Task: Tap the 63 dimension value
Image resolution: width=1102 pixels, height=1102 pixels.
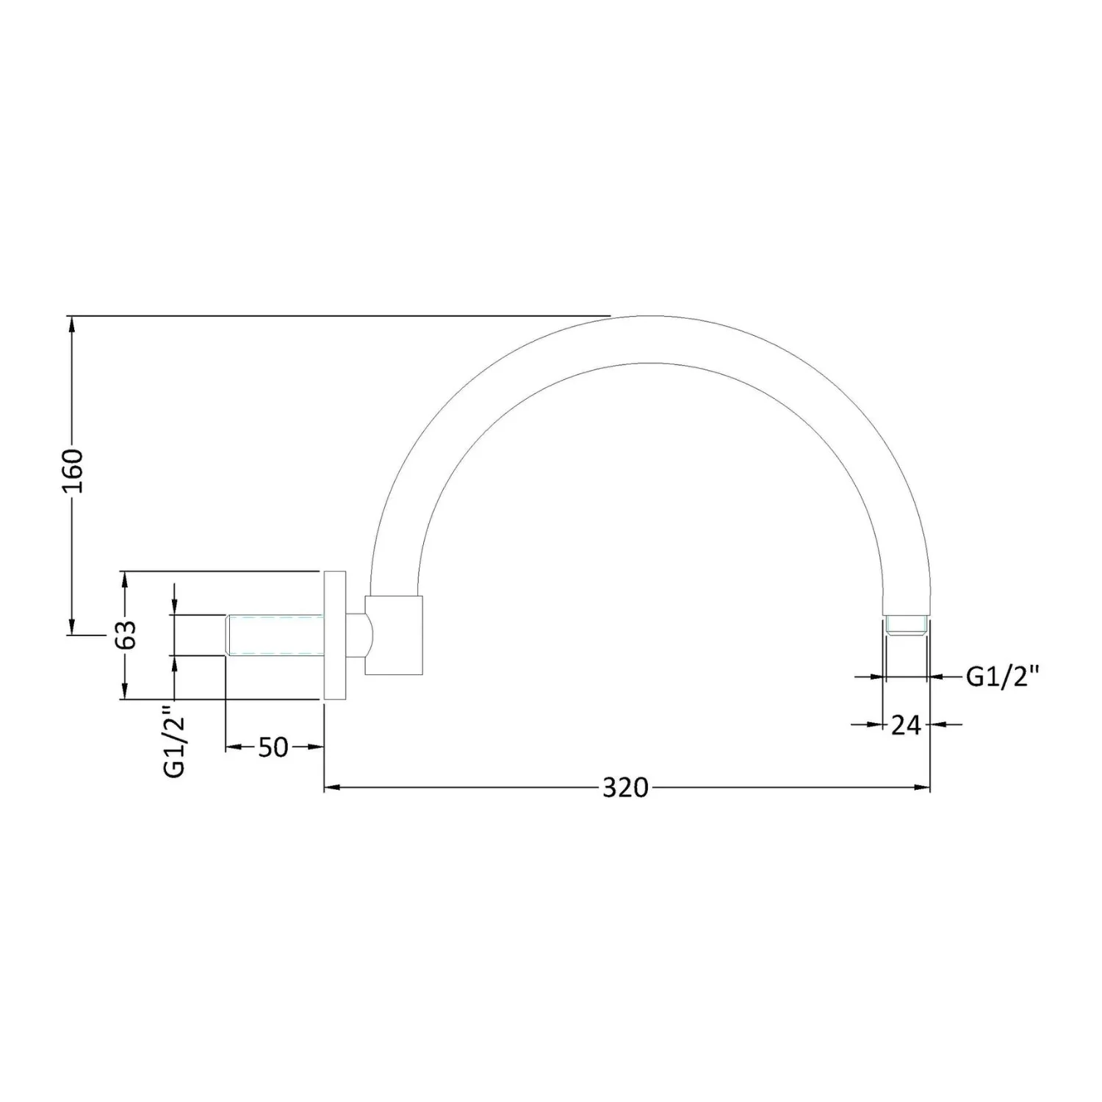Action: tap(126, 634)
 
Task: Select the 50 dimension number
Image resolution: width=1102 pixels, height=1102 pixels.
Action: tap(273, 747)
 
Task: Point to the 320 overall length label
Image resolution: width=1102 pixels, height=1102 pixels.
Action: tap(626, 788)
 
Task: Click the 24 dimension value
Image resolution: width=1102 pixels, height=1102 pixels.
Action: tap(906, 725)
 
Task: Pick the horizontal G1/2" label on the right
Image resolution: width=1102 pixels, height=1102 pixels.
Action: tap(1003, 676)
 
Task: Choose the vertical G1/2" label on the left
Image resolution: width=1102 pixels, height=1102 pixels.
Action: tap(174, 741)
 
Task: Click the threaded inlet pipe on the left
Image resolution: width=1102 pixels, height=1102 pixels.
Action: tap(275, 634)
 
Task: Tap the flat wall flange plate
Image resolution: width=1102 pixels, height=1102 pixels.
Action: tap(335, 635)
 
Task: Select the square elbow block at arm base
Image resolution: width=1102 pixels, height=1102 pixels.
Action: tap(394, 635)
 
